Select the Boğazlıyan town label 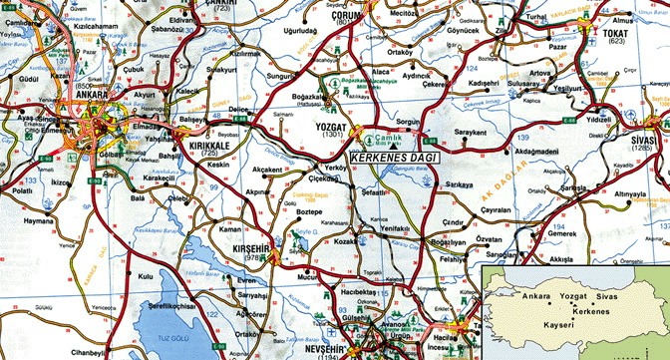click(446, 241)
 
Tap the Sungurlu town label click(278, 74)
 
